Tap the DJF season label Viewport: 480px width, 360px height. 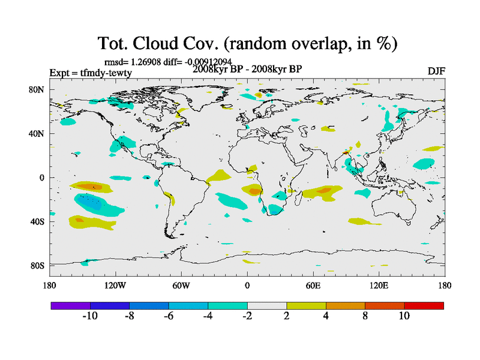click(436, 71)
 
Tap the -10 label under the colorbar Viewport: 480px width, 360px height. click(89, 316)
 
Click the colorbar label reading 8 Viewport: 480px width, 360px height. click(365, 316)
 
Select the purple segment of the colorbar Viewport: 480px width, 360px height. click(70, 305)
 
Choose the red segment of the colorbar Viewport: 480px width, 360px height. click(424, 305)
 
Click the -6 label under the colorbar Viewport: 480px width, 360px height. click(168, 316)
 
